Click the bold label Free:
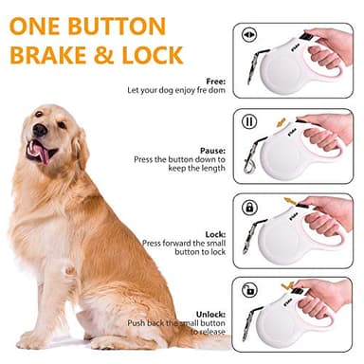213,81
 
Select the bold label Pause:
211,150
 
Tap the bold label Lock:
214,233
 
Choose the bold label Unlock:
209,314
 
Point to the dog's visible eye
60,119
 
